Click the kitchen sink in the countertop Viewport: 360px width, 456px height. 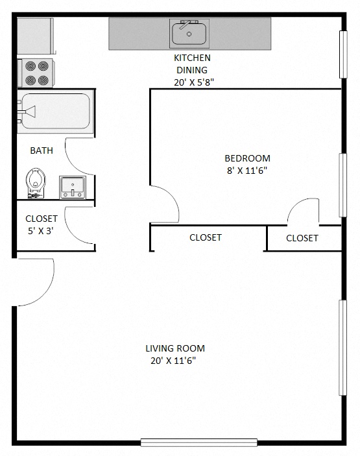coord(189,33)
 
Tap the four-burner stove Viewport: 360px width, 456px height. coord(38,73)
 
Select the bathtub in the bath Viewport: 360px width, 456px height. coord(54,112)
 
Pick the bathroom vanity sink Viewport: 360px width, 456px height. coord(72,187)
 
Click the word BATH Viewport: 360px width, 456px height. coord(42,150)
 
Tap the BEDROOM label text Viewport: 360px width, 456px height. coord(247,158)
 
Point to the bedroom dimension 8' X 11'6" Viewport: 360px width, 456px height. coord(246,171)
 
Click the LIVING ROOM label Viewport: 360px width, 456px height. coord(174,348)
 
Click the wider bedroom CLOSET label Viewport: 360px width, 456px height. coord(205,237)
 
